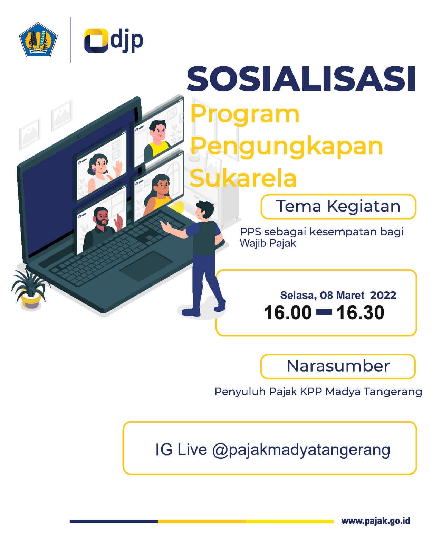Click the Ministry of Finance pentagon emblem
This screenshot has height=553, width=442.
click(38, 40)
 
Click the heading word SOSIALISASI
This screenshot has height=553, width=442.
click(301, 79)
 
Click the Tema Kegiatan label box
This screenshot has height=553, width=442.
click(338, 206)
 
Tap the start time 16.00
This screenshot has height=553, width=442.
click(287, 313)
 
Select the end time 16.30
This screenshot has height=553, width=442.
click(360, 313)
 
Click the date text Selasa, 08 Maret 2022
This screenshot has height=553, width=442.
click(338, 295)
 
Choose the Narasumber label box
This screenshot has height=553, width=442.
click(338, 366)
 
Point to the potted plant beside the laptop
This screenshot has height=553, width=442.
click(30, 289)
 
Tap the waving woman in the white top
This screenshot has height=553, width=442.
click(104, 172)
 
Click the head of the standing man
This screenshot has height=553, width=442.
click(204, 210)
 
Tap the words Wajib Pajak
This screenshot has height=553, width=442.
click(268, 243)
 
